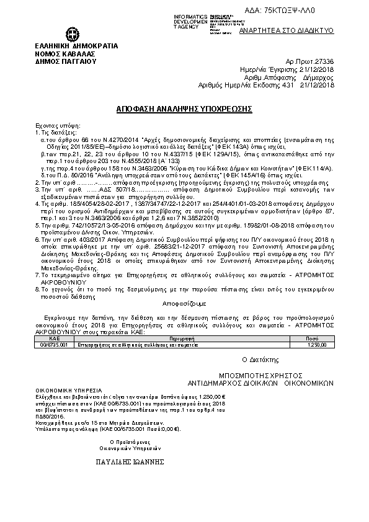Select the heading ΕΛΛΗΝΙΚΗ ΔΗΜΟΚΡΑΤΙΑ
(x=76, y=46)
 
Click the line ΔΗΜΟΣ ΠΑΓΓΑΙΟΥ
(x=65, y=61)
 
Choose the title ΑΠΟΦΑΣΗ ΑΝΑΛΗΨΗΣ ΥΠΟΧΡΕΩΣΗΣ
(x=184, y=108)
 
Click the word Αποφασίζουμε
(x=184, y=306)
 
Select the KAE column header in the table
(x=54, y=338)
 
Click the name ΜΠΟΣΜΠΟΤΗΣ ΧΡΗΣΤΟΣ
(x=260, y=375)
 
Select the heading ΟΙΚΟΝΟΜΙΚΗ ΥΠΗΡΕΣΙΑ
(x=64, y=392)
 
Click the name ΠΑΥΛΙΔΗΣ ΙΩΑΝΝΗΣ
(x=130, y=462)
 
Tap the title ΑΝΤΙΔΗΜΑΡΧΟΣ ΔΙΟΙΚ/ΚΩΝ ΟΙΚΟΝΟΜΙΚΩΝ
(x=260, y=383)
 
